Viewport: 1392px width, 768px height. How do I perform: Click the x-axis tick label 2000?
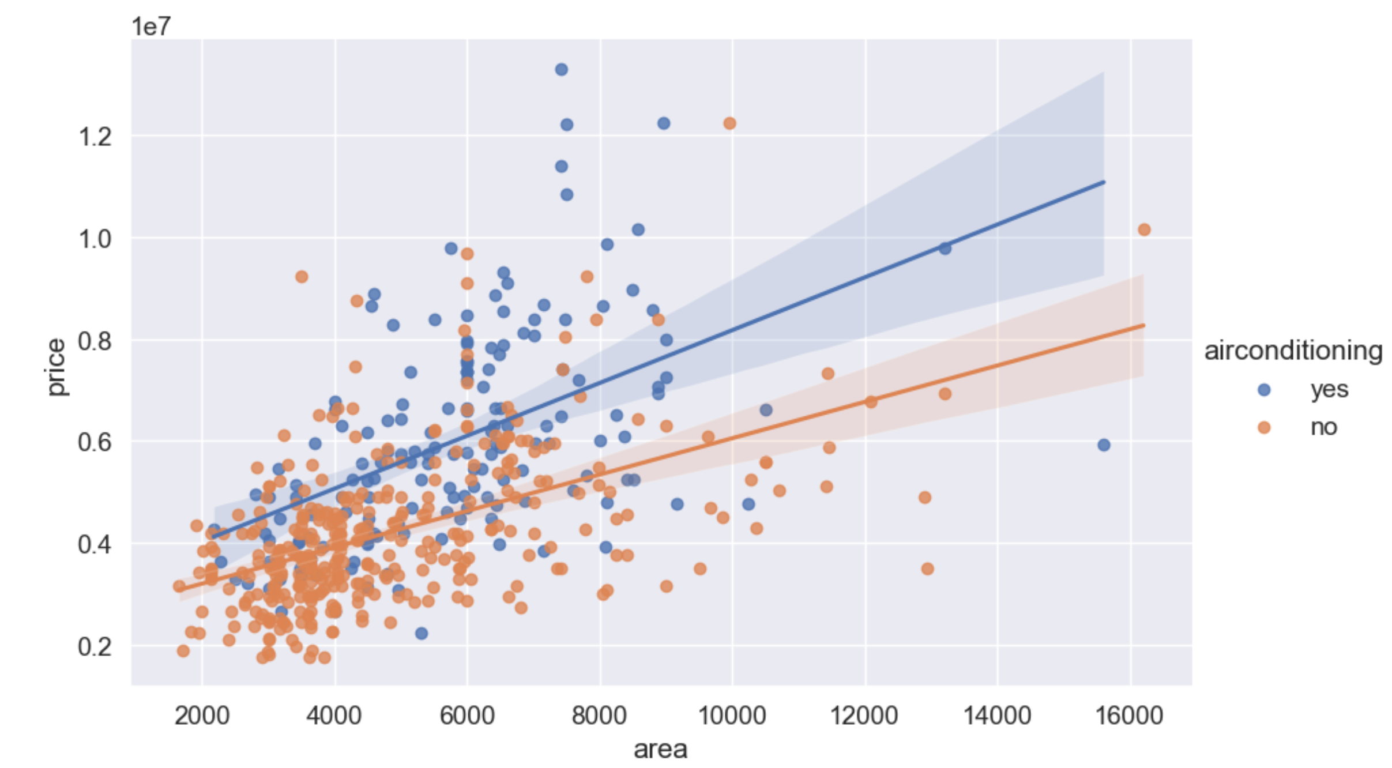tap(202, 716)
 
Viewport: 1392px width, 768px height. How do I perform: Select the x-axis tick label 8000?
tap(599, 716)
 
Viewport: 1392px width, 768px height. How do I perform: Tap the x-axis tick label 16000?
tap(1129, 716)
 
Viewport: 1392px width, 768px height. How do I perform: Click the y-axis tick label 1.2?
tap(95, 137)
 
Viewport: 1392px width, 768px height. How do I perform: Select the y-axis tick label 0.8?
tap(95, 341)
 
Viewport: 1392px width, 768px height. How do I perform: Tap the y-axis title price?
tap(56, 367)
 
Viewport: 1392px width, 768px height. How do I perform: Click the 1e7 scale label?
tap(151, 27)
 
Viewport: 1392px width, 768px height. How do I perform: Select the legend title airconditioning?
tap(1293, 351)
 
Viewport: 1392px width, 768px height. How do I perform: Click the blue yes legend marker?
tap(1264, 390)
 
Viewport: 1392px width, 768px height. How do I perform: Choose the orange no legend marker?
tap(1264, 427)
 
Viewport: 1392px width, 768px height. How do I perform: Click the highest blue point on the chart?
tap(561, 70)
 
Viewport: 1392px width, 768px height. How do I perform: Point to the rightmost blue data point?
tap(1104, 445)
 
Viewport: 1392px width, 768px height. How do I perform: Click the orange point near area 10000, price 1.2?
tap(729, 123)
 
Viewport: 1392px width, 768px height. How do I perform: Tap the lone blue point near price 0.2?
tap(422, 634)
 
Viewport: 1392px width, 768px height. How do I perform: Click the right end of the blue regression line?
tap(1104, 182)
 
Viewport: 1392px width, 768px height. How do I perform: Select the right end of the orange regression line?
tap(1144, 326)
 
